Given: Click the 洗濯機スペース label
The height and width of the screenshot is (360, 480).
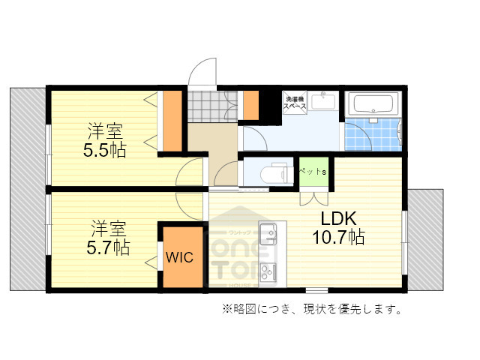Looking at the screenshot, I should click(x=294, y=103).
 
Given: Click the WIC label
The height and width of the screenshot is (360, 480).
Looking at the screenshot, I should click(x=180, y=257).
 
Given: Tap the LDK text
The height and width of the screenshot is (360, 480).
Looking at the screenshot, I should click(x=340, y=219).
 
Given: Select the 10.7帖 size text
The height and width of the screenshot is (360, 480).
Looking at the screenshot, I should click(x=338, y=238).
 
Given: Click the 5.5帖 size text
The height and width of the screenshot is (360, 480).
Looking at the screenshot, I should click(x=104, y=149).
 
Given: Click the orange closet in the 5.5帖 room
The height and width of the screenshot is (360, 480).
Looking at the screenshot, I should click(x=173, y=120).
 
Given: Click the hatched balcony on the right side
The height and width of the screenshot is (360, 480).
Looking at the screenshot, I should click(x=427, y=240).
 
